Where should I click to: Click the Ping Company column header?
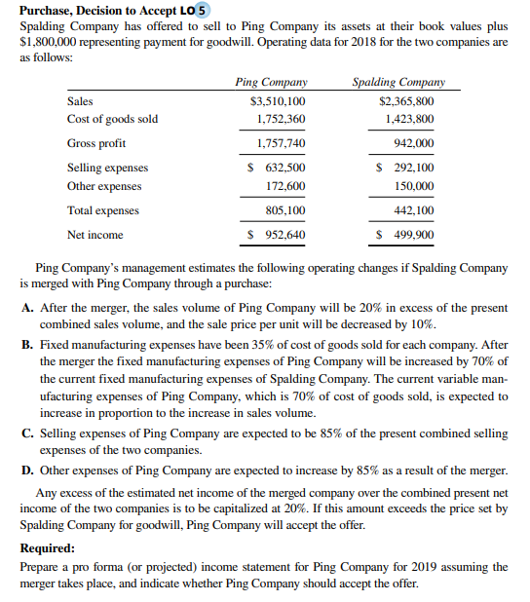(271, 83)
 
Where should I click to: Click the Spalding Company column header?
(397, 83)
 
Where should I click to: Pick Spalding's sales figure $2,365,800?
(406, 101)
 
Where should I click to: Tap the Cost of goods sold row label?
(112, 119)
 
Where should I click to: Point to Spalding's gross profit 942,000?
(412, 143)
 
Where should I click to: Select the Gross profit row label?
(96, 143)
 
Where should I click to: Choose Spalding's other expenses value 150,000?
(412, 186)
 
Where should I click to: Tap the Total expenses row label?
(102, 210)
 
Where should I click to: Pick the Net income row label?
(95, 235)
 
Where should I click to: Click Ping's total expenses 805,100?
(284, 210)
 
